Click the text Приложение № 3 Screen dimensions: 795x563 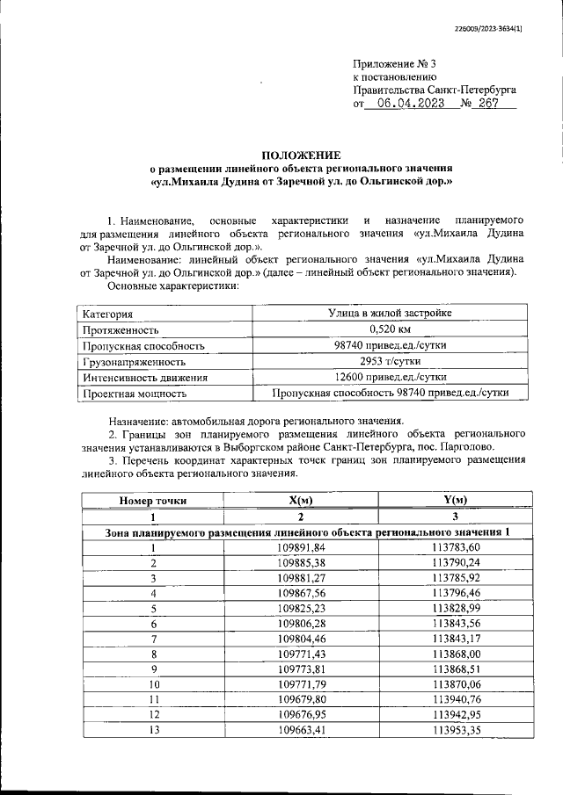click(x=394, y=64)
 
